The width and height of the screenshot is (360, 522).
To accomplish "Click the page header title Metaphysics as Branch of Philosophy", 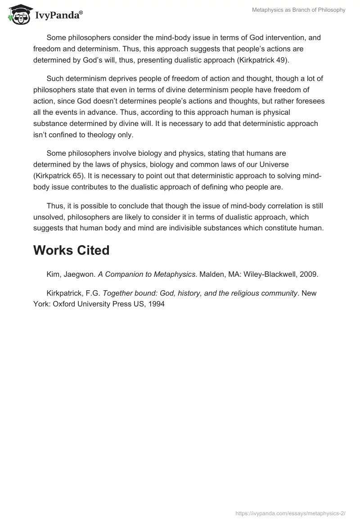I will [298, 10].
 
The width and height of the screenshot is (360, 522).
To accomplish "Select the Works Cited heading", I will [71, 250].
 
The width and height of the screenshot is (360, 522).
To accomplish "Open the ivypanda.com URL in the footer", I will [291, 513].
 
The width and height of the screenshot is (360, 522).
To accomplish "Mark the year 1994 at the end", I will [157, 304].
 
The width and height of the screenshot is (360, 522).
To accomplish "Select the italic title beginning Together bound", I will [200, 293].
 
